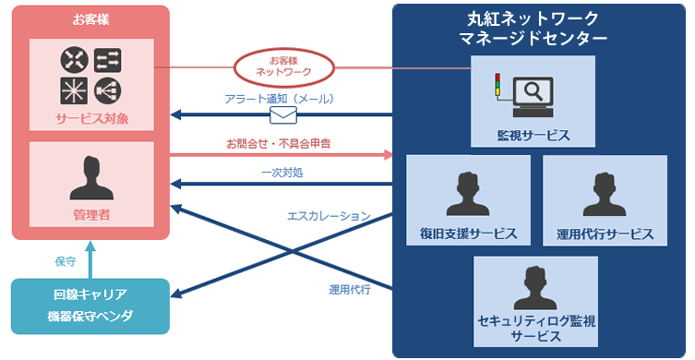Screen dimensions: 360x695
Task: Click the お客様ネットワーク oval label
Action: pos(284,66)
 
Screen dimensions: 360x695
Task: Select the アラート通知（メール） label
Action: pos(279,98)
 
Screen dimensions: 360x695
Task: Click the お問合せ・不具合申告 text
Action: pos(279,144)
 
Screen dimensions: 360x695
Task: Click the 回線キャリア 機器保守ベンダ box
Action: pos(90,306)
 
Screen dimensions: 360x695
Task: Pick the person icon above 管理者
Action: pos(90,178)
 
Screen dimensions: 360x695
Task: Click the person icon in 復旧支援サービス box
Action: pos(468,195)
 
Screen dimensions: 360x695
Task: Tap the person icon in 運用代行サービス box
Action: pos(605,195)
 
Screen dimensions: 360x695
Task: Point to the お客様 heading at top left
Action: pos(90,18)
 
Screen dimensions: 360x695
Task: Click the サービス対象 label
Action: pos(90,120)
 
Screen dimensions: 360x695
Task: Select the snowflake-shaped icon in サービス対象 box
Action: pos(73,90)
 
